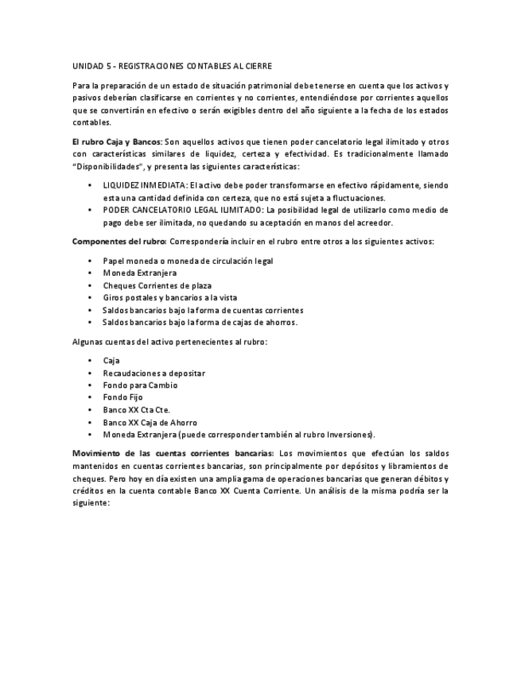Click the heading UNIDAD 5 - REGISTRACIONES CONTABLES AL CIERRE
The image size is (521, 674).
[172, 66]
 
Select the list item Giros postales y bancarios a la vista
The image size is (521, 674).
[165, 297]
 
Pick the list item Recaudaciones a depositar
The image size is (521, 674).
[154, 373]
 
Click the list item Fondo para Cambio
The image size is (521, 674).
[140, 385]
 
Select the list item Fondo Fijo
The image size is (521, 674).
[123, 397]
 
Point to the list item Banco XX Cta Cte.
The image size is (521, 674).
[136, 410]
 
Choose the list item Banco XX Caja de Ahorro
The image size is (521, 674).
[150, 422]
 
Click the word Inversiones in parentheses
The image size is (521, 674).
[349, 435]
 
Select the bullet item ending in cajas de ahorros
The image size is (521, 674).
[200, 322]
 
